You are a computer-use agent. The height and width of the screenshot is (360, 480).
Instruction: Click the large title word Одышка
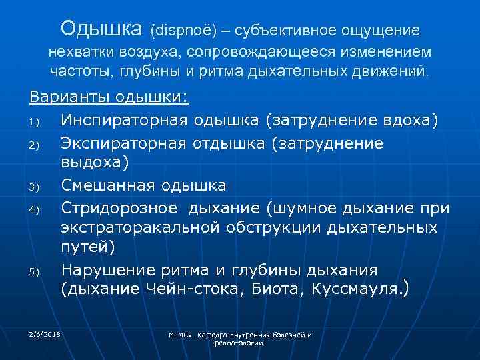pyautogui.click(x=101, y=29)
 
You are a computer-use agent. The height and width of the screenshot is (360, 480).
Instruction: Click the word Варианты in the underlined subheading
pyautogui.click(x=69, y=97)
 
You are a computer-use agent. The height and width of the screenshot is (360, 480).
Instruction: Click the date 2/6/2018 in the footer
pyautogui.click(x=45, y=333)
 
